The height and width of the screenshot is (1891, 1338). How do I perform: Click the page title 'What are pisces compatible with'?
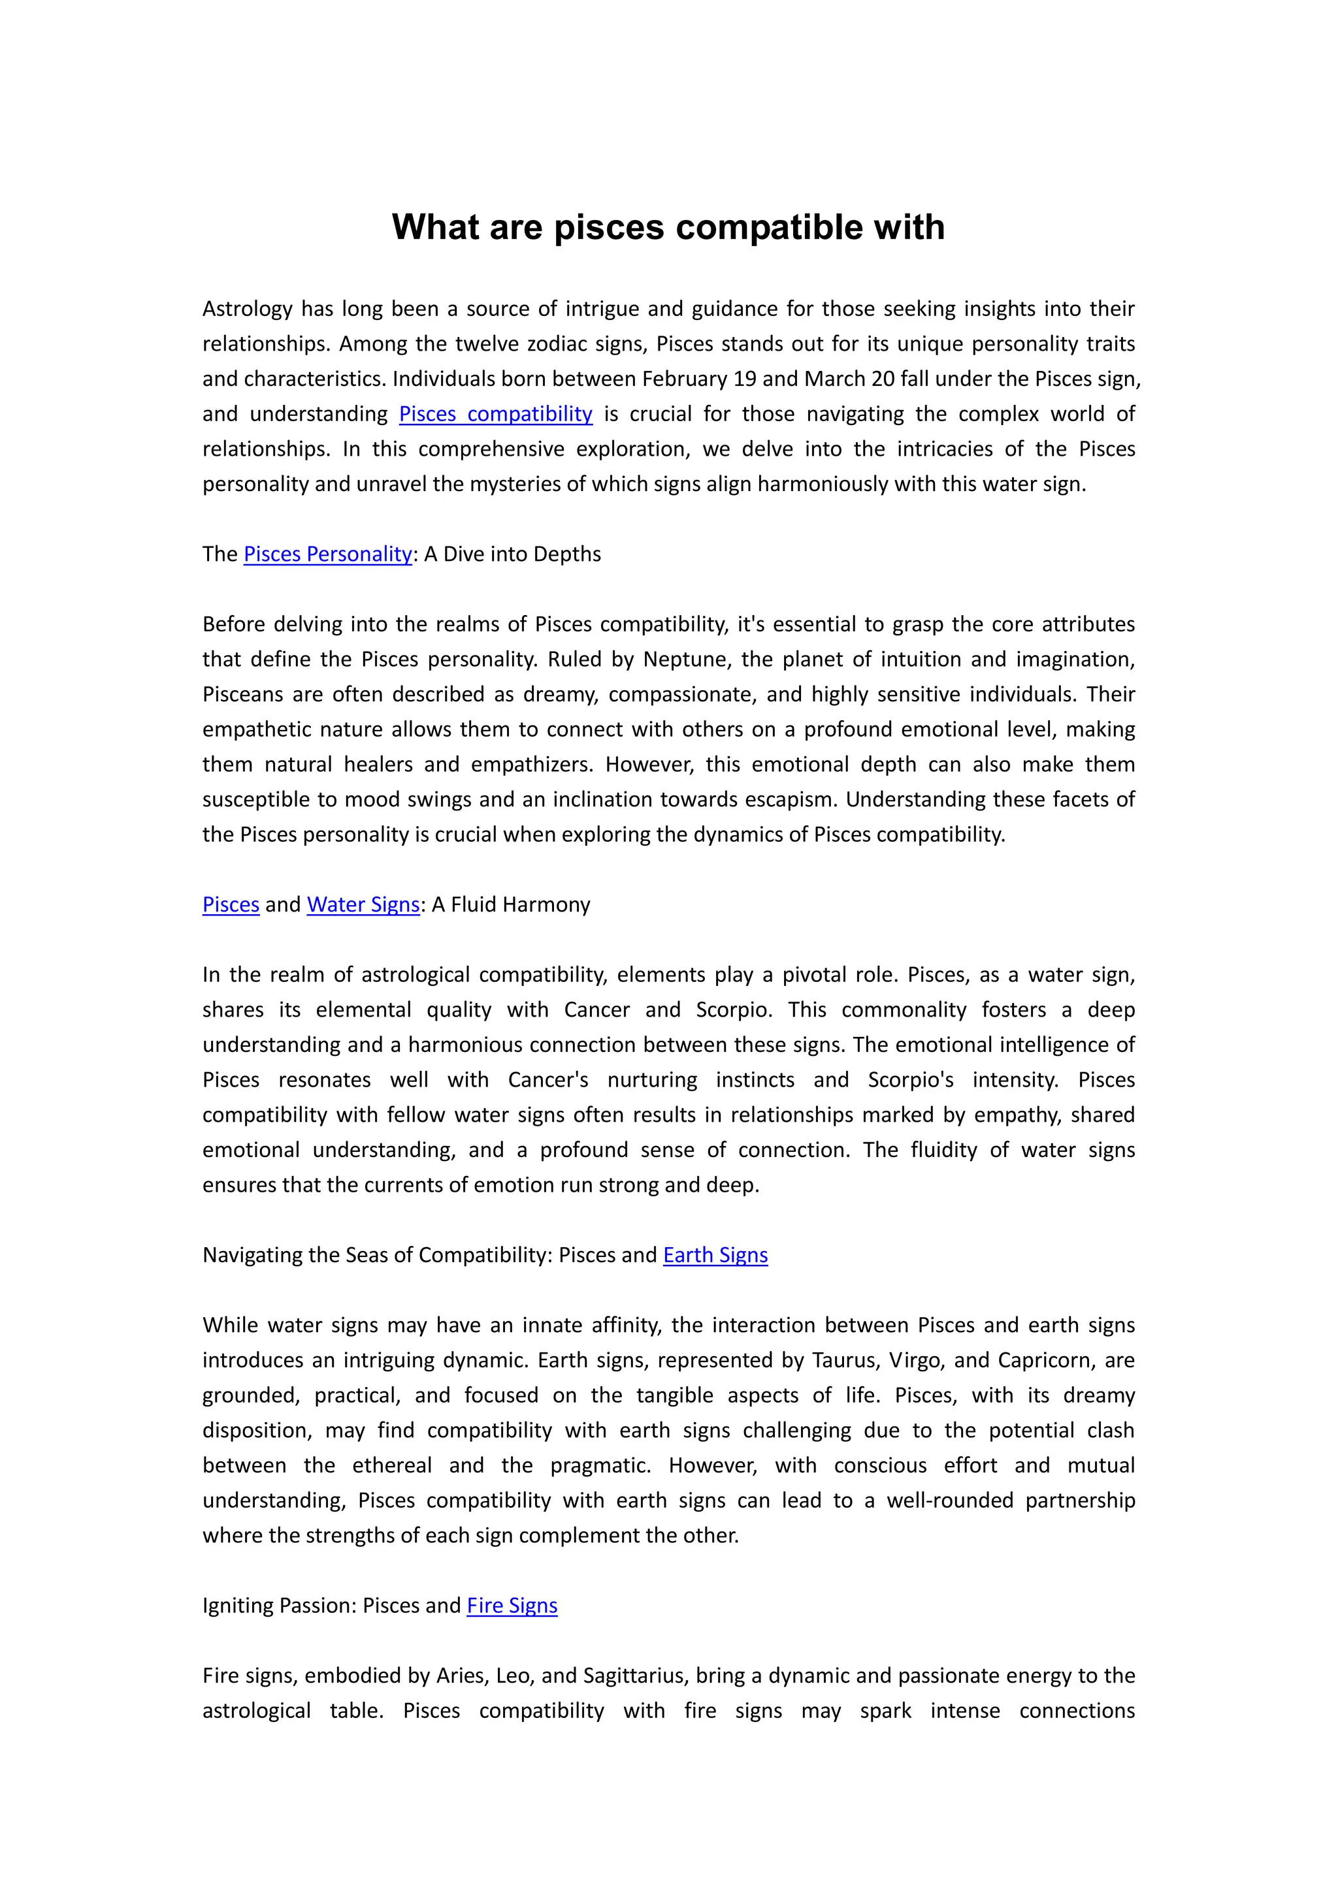click(x=668, y=227)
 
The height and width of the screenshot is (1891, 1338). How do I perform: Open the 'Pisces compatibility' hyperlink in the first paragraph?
click(x=495, y=413)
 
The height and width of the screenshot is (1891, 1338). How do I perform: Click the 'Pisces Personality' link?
click(x=327, y=554)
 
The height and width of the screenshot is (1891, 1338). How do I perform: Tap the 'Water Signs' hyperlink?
click(x=363, y=904)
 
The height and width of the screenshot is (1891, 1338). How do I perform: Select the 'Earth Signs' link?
click(x=715, y=1254)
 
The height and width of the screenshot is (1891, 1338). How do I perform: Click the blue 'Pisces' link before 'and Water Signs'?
click(x=231, y=904)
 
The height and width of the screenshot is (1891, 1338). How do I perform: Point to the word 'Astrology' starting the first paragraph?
click(x=247, y=309)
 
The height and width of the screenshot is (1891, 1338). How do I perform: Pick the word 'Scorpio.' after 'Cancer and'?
click(x=734, y=1009)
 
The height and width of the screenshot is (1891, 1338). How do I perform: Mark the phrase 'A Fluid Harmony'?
click(x=511, y=904)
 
